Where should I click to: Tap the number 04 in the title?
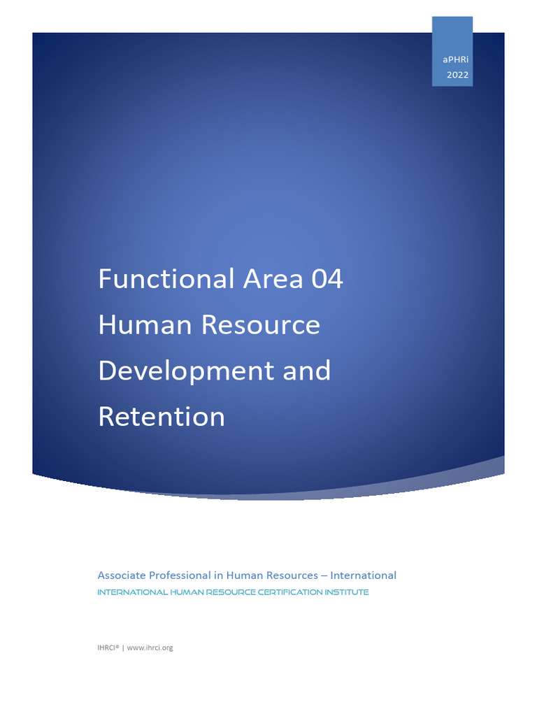pyautogui.click(x=327, y=279)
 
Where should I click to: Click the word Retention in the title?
pyautogui.click(x=162, y=417)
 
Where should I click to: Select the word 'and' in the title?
pyautogui.click(x=306, y=371)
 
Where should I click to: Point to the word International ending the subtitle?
pyautogui.click(x=363, y=575)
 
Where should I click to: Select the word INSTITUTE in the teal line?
pyautogui.click(x=345, y=592)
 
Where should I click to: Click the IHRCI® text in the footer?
pyautogui.click(x=108, y=647)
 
